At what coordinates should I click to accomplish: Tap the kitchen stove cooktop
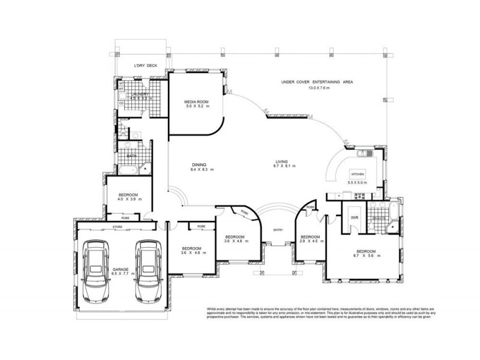(x=360, y=196)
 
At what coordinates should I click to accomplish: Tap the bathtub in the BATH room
(x=127, y=172)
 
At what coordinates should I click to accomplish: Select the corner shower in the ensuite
(x=391, y=225)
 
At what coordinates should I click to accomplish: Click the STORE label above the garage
(x=118, y=227)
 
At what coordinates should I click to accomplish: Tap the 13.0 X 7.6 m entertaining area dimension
(x=319, y=88)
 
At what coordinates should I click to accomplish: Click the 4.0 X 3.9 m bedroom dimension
(x=129, y=200)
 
